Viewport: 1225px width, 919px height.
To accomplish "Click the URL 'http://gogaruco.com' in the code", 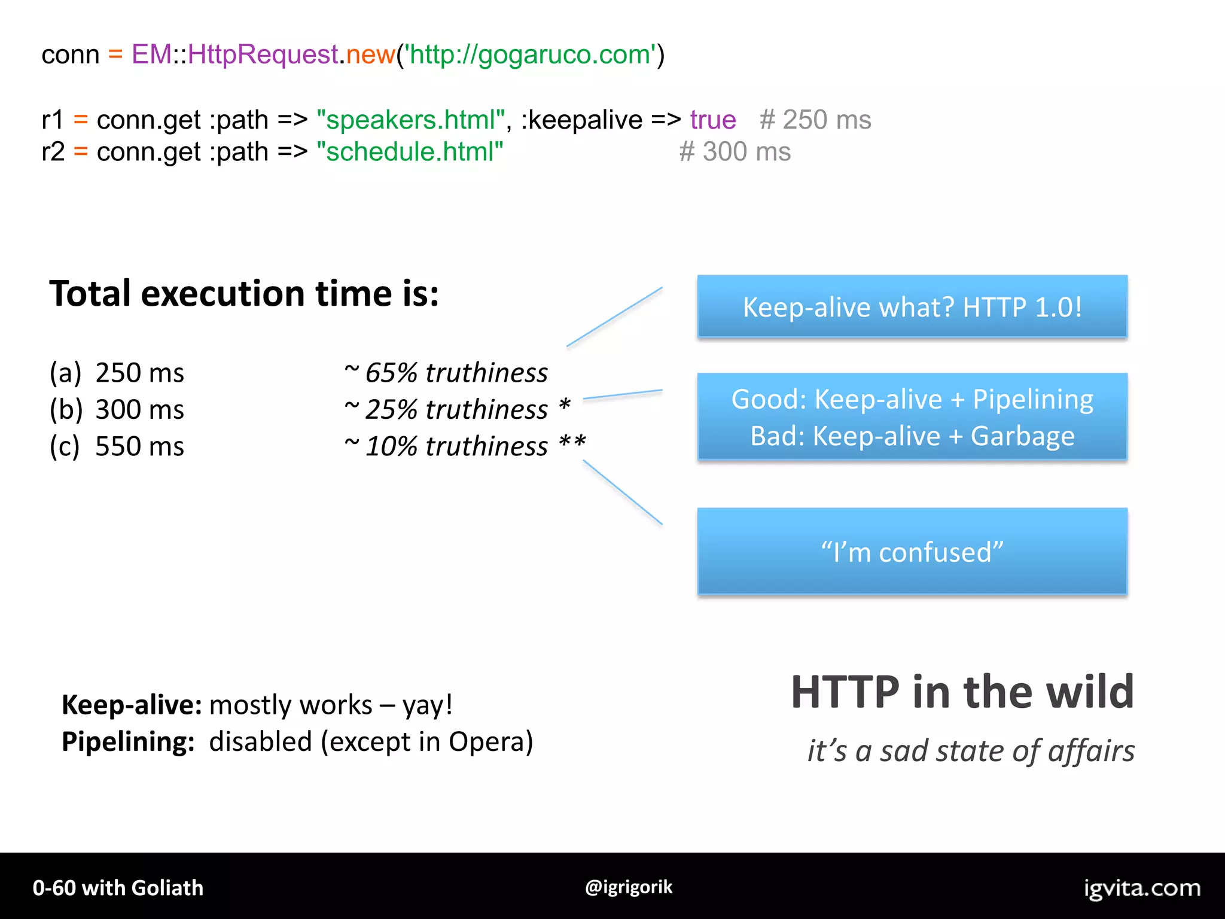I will [x=530, y=55].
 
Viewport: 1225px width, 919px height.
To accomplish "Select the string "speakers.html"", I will [x=410, y=120].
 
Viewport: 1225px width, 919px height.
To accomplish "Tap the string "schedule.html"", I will [x=410, y=152].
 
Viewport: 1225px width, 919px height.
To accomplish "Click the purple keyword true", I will [x=712, y=120].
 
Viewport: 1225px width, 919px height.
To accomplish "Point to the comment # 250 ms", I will [x=815, y=120].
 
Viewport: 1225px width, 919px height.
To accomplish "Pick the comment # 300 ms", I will [x=735, y=152].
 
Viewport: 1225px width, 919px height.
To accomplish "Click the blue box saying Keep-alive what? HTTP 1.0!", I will [x=912, y=307].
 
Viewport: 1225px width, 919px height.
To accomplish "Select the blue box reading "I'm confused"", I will [x=912, y=551].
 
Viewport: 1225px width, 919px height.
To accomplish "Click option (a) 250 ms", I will [x=117, y=373].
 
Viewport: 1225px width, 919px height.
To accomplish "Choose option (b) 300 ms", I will [x=117, y=410].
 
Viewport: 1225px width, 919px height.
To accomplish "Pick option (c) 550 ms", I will [x=117, y=446].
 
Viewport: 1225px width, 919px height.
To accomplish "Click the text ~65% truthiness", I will [x=446, y=373].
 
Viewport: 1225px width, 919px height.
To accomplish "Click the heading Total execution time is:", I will [x=244, y=294].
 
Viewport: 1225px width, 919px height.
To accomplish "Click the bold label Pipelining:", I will [x=128, y=742].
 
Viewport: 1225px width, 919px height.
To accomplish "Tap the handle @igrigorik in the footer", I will [x=629, y=887].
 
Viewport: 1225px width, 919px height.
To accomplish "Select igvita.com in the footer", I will [x=1142, y=888].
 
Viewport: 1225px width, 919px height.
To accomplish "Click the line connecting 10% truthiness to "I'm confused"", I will [x=623, y=492].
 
